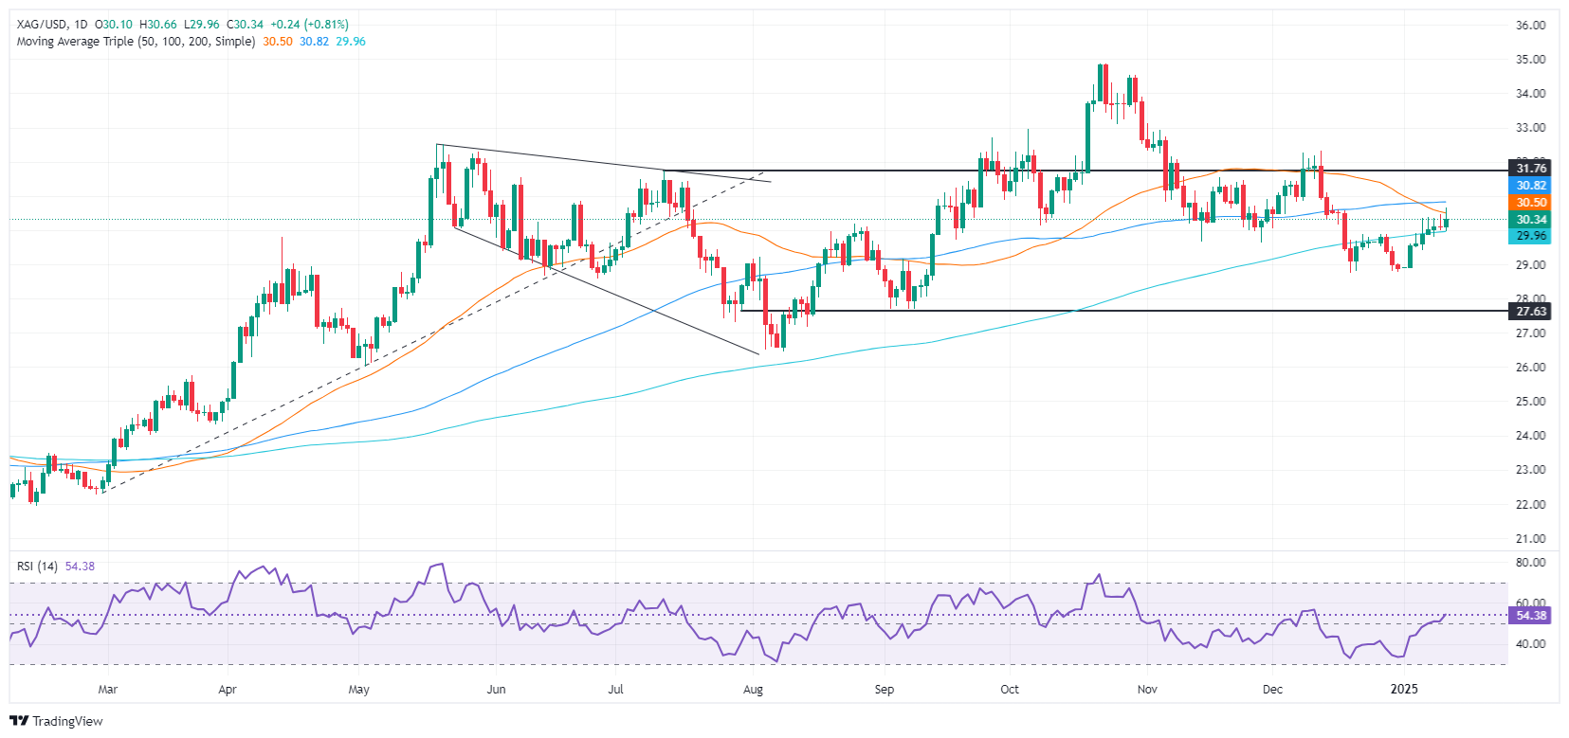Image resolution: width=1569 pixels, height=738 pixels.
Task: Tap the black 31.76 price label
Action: point(1531,169)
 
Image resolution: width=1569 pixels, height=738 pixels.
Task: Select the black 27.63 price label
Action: point(1531,311)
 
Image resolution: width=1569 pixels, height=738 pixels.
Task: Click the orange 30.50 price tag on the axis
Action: point(1531,203)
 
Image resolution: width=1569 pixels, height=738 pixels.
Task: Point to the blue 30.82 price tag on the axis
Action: point(1531,186)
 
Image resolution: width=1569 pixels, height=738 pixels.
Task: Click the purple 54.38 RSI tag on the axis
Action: point(1531,616)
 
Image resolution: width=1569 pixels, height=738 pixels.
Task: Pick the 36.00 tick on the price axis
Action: point(1531,26)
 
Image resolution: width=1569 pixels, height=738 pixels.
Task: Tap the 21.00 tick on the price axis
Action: point(1531,538)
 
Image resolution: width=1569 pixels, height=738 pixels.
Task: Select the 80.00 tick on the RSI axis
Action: point(1531,562)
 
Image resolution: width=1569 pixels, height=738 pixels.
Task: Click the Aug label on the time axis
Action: point(753,689)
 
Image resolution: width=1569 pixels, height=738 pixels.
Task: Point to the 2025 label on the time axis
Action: point(1404,689)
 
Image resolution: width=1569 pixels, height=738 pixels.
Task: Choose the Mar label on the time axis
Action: point(108,689)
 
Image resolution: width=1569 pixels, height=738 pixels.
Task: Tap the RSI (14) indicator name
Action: point(37,567)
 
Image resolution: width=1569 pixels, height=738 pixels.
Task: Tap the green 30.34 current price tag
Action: point(1531,220)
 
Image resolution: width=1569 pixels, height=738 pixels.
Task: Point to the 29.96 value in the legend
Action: point(352,42)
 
